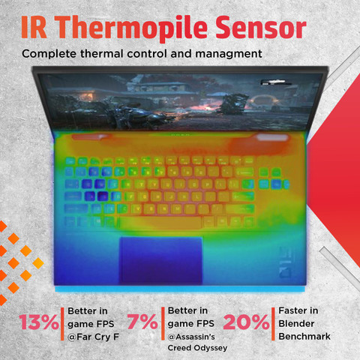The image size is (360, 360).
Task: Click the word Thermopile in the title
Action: pos(131,28)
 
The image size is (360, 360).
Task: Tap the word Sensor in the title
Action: pos(261,28)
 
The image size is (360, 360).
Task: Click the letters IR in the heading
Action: pos(34,28)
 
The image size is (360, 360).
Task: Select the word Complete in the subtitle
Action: pos(49,54)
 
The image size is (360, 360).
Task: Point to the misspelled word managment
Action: pos(229,54)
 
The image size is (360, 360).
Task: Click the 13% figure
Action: pos(39,322)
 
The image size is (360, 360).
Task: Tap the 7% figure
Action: pos(142,322)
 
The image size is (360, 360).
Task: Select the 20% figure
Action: pos(246,322)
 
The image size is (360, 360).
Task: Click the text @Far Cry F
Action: pos(93,337)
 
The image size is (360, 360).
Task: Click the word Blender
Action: pos(296,324)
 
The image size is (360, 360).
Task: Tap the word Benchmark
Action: pos(304,337)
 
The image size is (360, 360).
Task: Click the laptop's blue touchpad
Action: pos(160,260)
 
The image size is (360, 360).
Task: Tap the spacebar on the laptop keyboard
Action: pos(160,222)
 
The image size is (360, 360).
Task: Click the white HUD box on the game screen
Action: pos(276,82)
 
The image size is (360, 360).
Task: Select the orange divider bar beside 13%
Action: pos(62,324)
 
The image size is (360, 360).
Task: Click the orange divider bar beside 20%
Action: pos(273,324)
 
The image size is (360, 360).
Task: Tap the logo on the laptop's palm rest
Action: pos(286,262)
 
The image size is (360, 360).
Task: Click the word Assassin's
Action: pos(191,337)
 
